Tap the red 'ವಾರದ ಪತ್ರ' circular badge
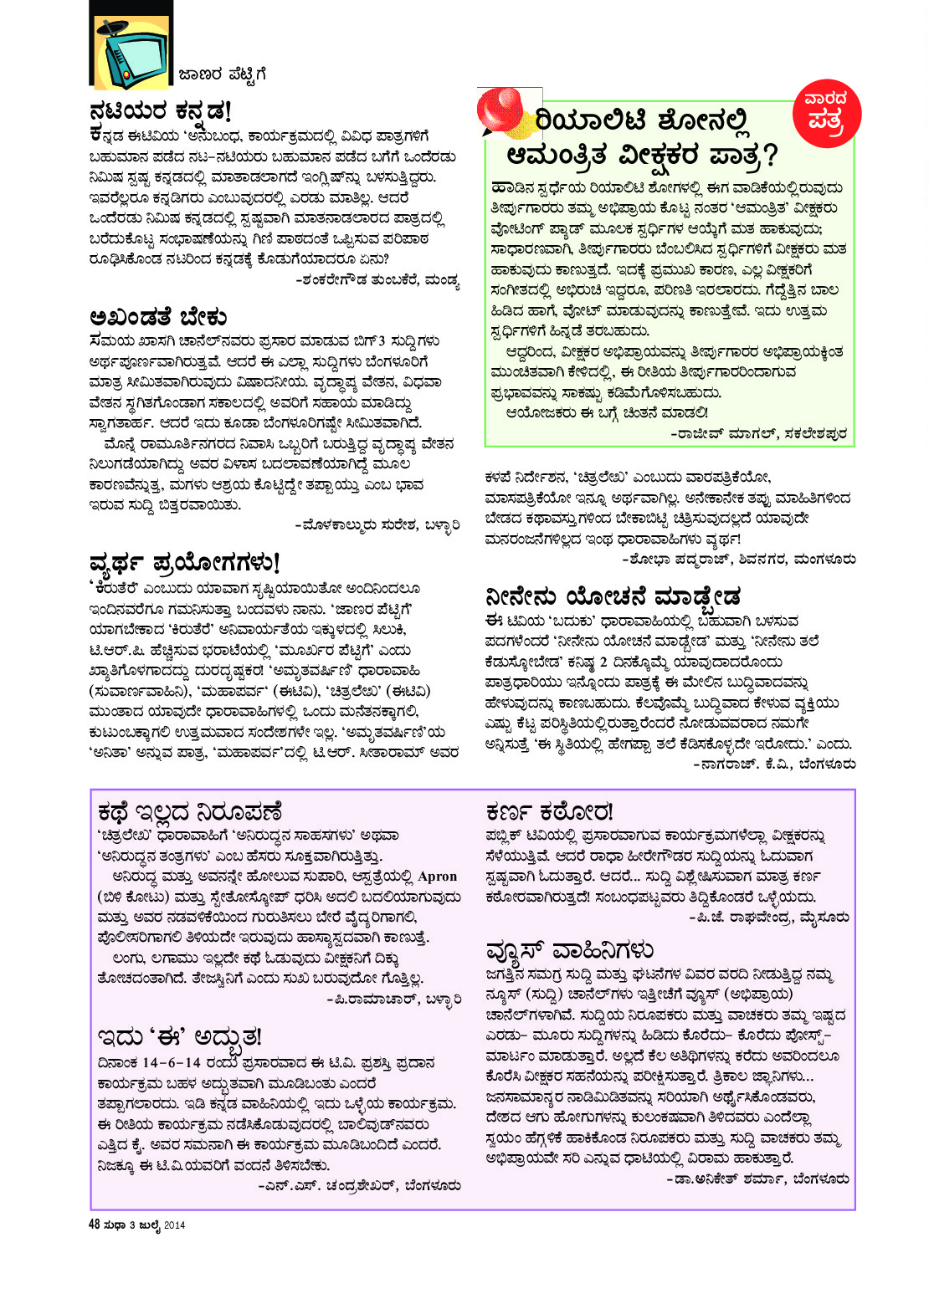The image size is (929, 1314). coord(825,110)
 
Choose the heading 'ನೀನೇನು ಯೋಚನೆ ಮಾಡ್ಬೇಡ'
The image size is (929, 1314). coord(613,597)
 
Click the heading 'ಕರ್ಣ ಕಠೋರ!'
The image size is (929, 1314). coord(549,812)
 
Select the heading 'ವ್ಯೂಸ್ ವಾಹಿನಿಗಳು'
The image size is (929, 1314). coord(569,950)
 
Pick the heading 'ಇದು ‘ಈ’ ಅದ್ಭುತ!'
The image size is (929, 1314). coord(180,1038)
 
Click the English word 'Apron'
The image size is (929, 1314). coord(438,877)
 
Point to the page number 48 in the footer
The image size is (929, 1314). coord(95,1225)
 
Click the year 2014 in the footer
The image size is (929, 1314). coord(174,1225)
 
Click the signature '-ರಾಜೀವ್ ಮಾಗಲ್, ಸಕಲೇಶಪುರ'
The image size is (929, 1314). coord(758,433)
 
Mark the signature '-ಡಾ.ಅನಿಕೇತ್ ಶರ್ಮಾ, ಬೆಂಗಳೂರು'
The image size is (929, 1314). coord(757,1179)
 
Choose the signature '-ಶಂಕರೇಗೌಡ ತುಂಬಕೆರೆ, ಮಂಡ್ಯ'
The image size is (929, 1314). coord(377,280)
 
